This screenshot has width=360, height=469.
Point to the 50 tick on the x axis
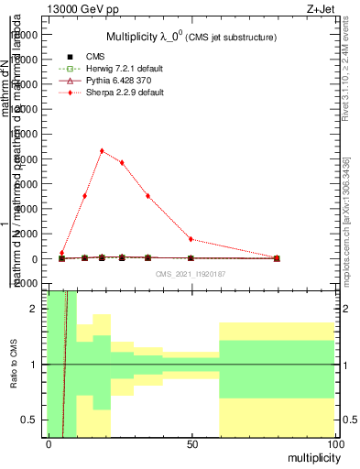point(191,443)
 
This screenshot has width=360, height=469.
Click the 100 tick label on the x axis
point(334,443)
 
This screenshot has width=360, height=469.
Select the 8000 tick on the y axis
point(29,158)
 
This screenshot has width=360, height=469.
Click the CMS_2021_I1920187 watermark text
point(191,273)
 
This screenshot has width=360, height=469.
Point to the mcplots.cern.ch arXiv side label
point(346,219)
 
